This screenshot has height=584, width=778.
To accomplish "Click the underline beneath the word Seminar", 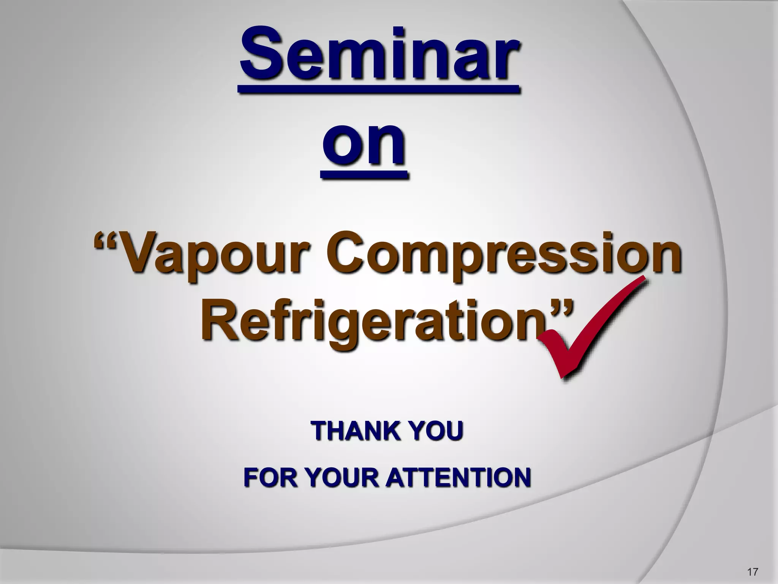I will point(378,89).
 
